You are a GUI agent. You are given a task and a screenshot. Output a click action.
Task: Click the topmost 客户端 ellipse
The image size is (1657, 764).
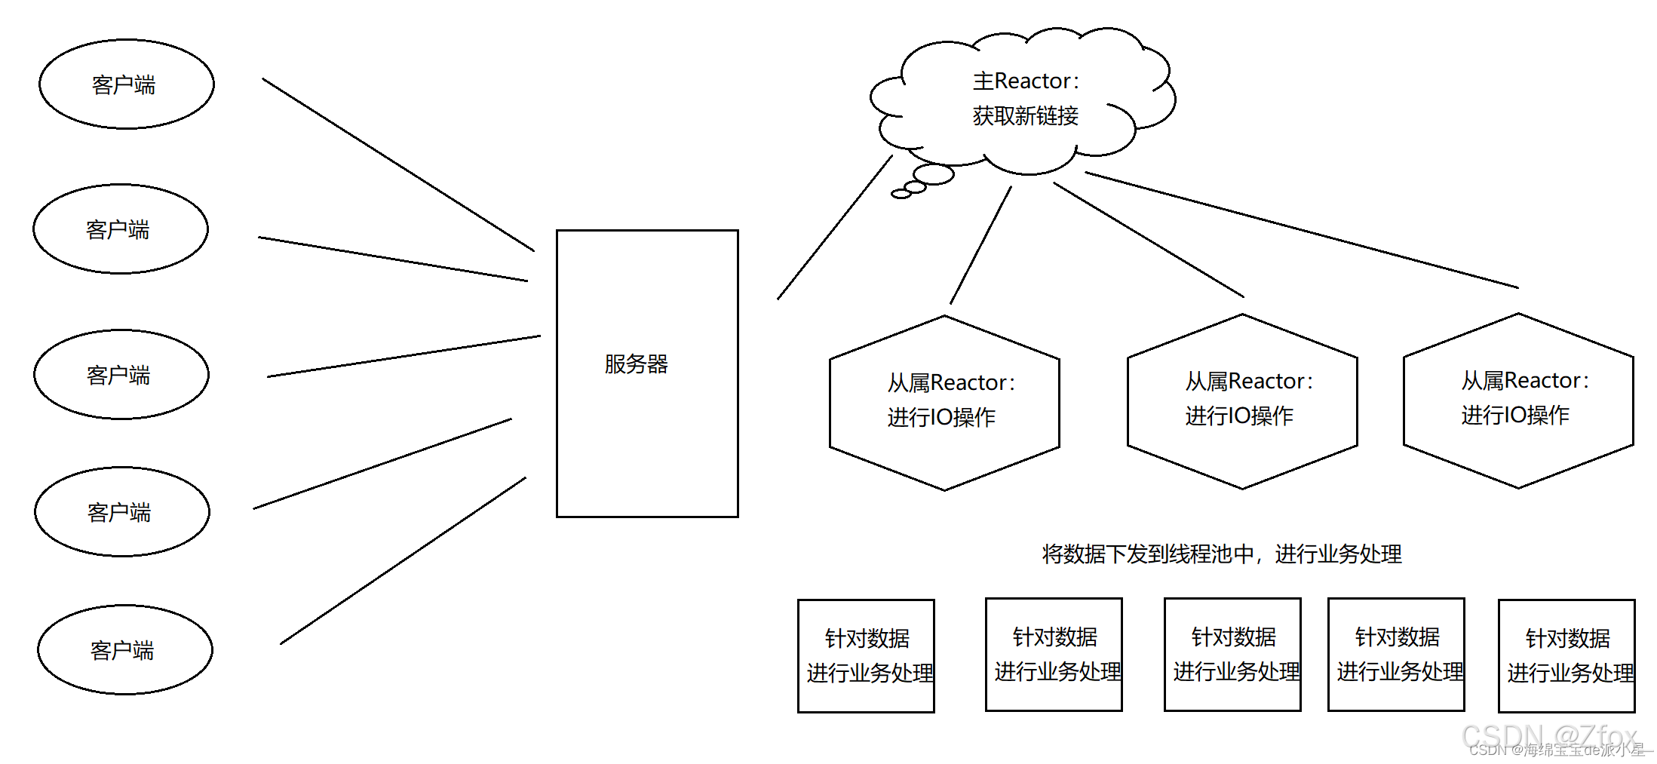point(127,84)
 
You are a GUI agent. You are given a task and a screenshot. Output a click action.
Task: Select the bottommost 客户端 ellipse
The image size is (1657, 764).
point(125,649)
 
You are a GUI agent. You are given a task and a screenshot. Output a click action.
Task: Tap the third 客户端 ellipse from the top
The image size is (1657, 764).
point(121,374)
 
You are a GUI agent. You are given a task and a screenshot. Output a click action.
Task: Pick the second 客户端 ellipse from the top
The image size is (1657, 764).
point(121,229)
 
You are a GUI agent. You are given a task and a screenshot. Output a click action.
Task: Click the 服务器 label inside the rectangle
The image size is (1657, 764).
point(636,364)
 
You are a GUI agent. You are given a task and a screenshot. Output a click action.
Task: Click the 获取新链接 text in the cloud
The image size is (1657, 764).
point(1025,116)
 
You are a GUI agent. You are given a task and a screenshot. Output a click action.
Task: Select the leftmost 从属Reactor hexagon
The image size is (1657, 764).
point(944,403)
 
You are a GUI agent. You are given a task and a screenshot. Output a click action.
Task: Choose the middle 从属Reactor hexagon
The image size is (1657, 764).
point(1242,401)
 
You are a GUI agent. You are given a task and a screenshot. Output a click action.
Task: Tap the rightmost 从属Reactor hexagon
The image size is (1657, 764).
point(1518,400)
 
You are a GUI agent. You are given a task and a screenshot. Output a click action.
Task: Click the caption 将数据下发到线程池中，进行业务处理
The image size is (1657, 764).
point(1222,554)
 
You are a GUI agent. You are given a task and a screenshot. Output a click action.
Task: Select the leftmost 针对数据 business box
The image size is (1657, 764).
point(866,655)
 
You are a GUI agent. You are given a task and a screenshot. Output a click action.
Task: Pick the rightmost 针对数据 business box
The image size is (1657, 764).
point(1566,655)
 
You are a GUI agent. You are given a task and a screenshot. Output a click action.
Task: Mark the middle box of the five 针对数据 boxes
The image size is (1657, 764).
point(1232,655)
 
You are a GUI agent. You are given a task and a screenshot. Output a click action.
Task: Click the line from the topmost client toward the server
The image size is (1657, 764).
point(398,164)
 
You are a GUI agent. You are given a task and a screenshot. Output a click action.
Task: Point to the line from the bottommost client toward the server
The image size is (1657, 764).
point(403,560)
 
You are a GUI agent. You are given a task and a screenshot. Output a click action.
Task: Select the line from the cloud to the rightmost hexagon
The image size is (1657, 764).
point(1301,230)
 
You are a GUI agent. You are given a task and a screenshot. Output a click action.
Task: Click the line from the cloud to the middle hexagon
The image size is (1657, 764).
point(1148,240)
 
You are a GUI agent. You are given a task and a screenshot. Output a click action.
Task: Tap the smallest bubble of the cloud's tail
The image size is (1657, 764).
point(901,195)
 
